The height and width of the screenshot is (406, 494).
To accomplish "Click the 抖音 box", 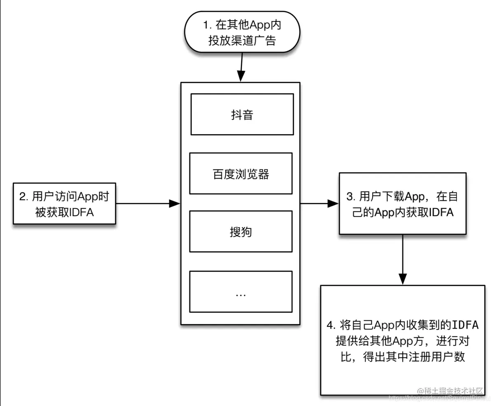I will pos(242,114).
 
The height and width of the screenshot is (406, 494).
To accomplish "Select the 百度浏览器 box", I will pos(241,173).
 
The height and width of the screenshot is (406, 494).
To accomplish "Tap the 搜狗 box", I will pos(241,231).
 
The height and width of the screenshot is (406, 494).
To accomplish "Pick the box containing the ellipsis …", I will pos(241,292).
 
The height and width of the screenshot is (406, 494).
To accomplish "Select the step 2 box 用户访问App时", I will pos(65,203).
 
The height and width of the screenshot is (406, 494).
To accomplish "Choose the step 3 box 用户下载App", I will pos(402,204).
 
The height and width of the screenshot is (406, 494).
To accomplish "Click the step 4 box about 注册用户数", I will pos(403,340).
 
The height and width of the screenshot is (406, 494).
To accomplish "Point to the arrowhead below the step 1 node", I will pos(240,77).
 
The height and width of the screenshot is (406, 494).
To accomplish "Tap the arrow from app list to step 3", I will pos(319,203).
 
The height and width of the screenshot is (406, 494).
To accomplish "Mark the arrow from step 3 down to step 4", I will pos(403,259).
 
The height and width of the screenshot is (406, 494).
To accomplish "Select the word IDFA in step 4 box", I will pos(465,325).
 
